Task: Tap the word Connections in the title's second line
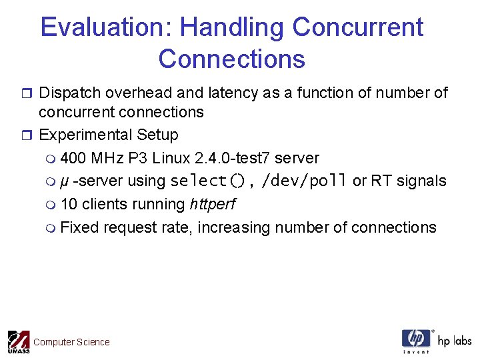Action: pos(231,59)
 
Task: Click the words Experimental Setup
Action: pos(109,135)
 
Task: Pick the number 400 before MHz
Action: pos(73,158)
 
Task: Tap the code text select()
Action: pos(208,181)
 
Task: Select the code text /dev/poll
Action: pos(305,181)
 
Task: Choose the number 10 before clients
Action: pos(69,204)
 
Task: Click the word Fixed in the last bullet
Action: pos(79,227)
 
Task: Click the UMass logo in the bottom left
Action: pos(18,341)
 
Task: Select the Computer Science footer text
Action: pos(71,342)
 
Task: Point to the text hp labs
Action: pos(454,341)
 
